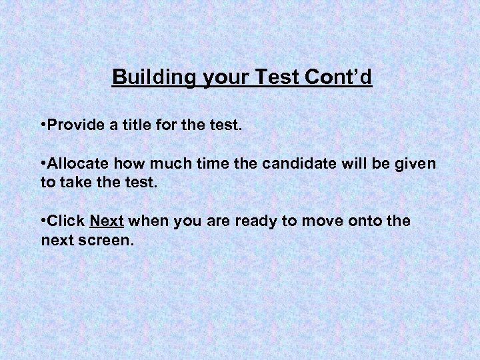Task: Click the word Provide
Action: (76, 125)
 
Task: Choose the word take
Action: (75, 182)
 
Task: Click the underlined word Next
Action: (107, 221)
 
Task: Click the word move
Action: (317, 221)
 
